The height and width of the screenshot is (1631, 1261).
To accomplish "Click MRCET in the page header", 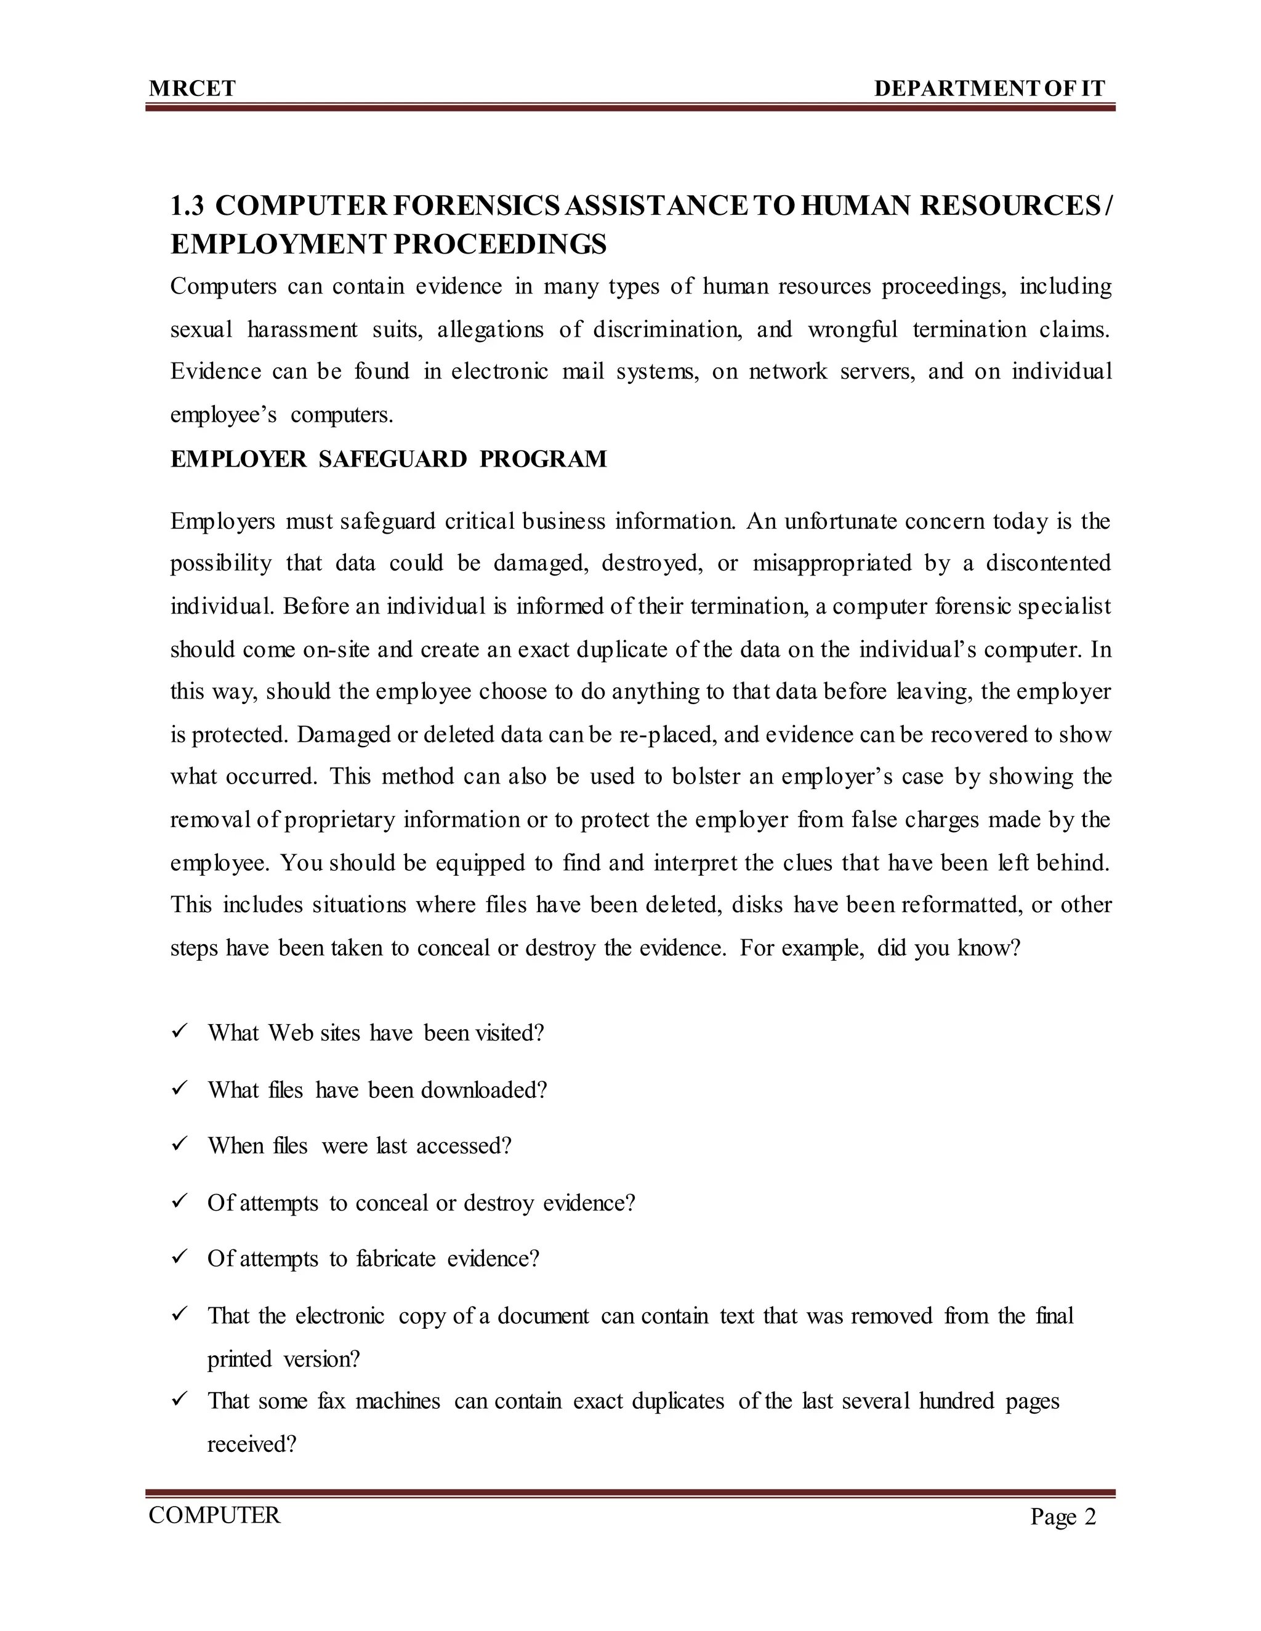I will (x=192, y=89).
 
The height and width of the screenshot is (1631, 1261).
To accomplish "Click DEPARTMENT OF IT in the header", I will (x=989, y=89).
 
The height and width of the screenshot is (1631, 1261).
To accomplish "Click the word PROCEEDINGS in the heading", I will (x=500, y=244).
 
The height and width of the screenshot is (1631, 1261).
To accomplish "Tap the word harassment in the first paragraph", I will (x=302, y=329).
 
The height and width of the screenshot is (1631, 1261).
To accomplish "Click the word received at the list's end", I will (x=251, y=1445).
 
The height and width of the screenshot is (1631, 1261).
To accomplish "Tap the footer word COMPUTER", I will (x=214, y=1516).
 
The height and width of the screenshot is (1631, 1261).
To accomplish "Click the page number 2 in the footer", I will (x=1090, y=1518).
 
